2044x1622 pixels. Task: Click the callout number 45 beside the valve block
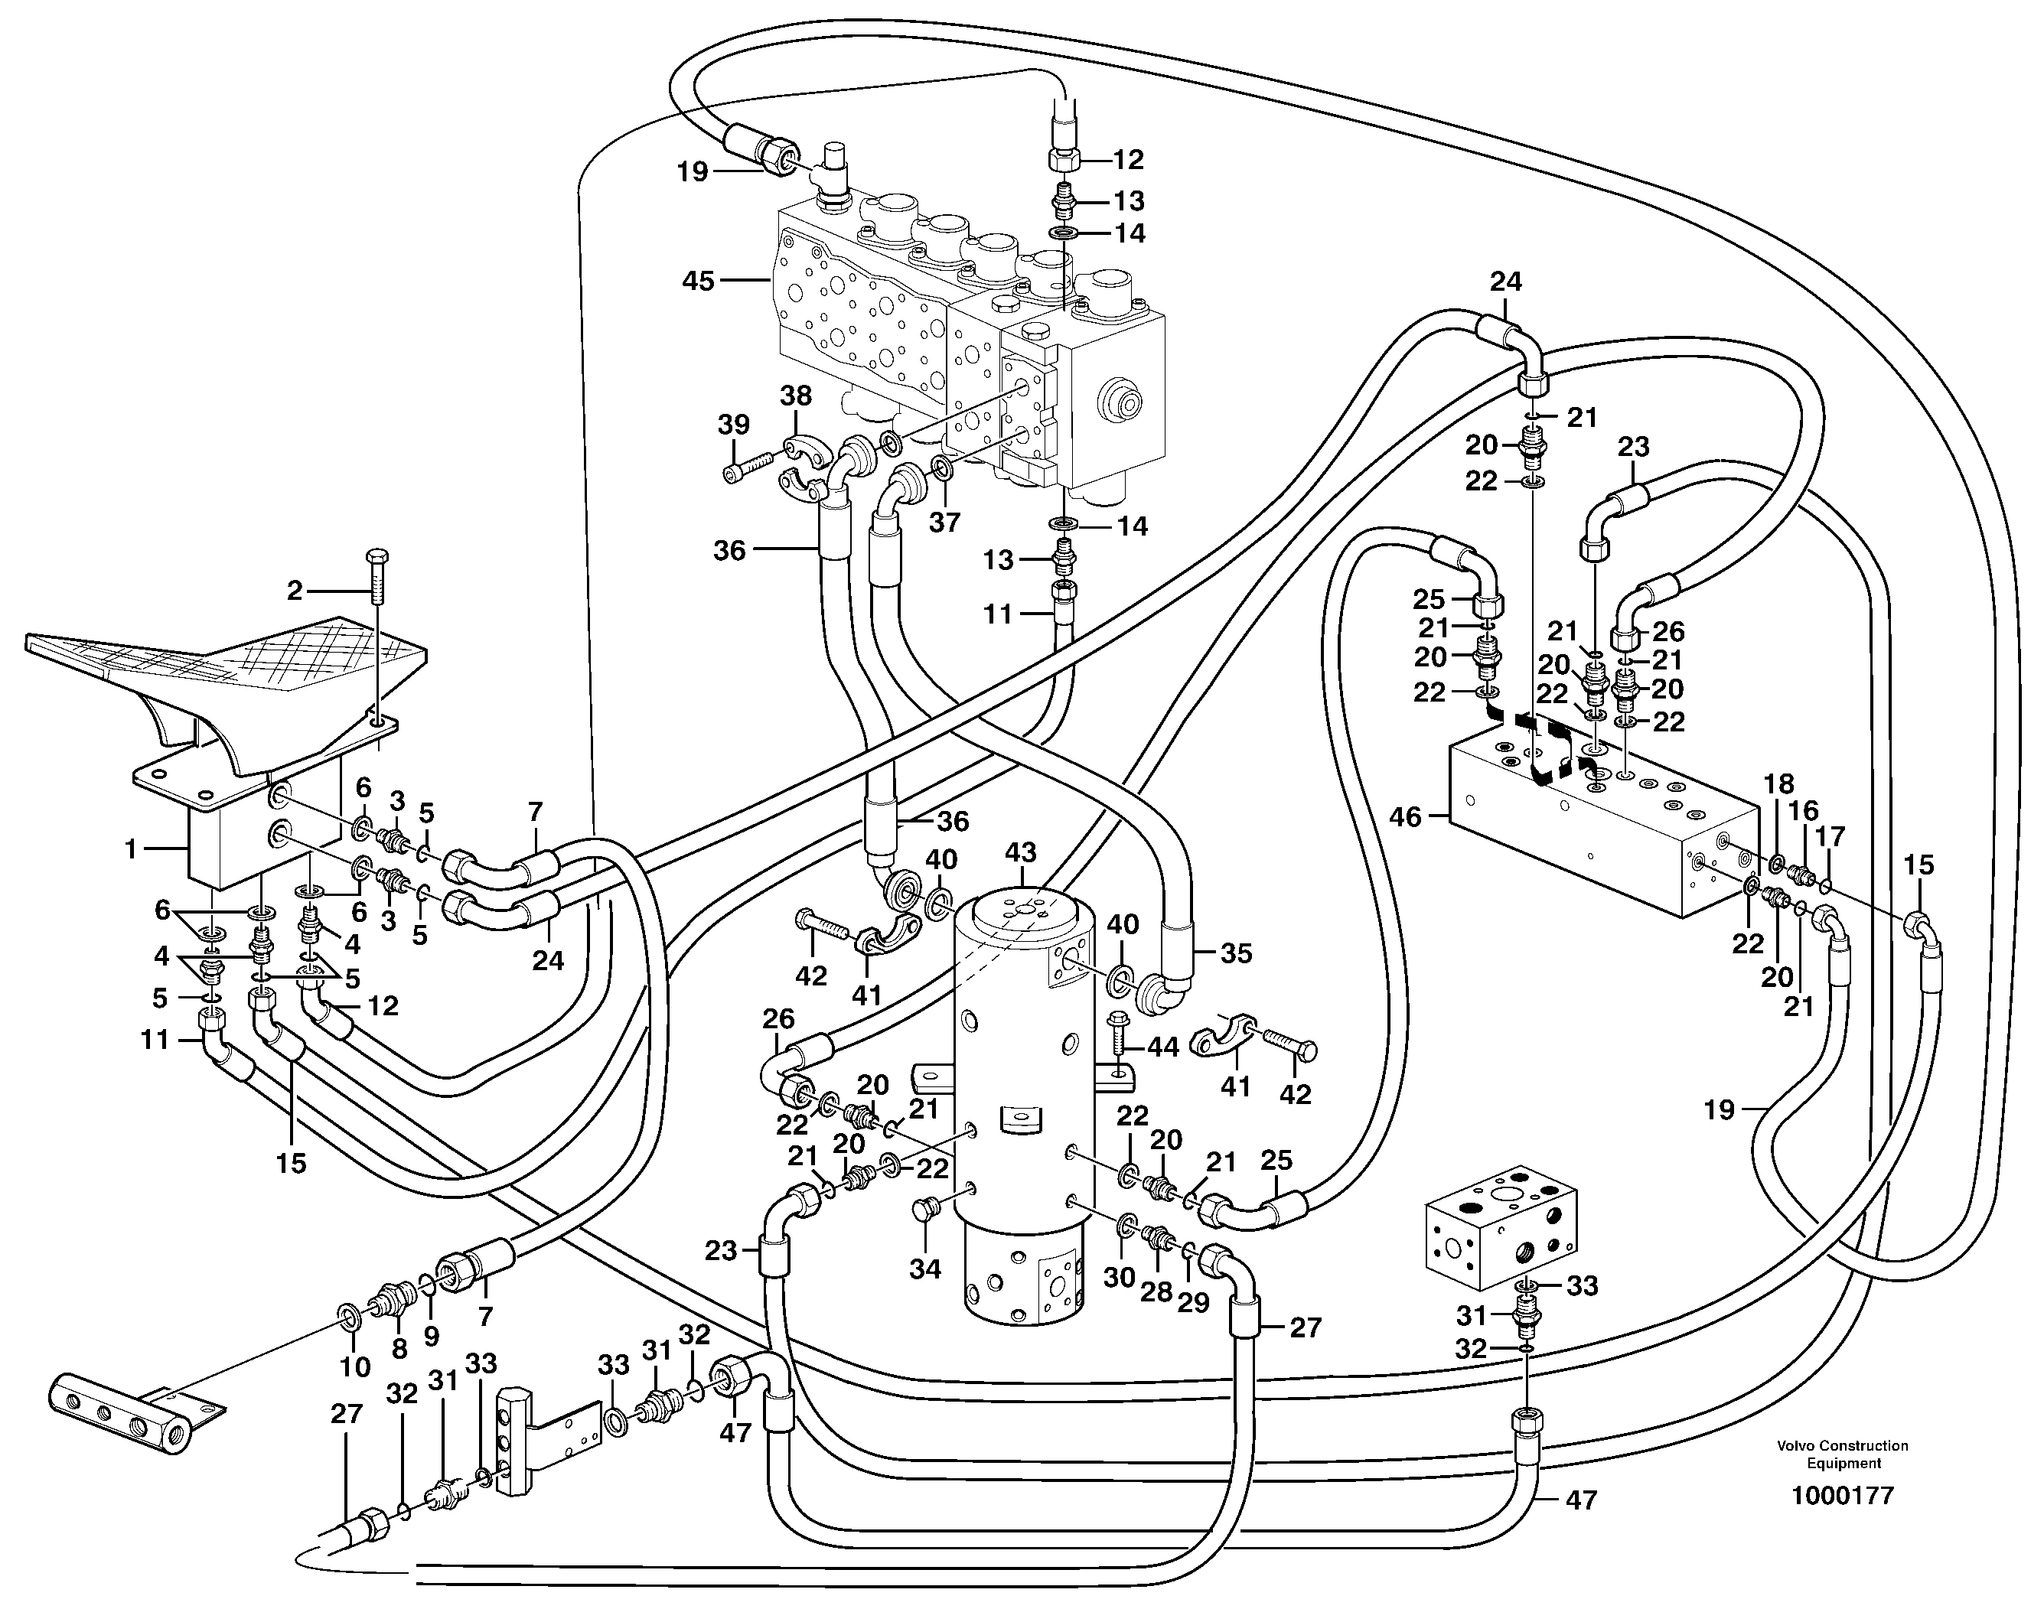[x=698, y=282]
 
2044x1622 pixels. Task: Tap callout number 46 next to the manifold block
[x=1405, y=816]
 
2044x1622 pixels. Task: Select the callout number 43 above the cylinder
[x=1020, y=852]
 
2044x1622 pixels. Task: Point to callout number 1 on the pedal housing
[x=132, y=849]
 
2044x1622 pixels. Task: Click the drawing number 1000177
[x=1841, y=1496]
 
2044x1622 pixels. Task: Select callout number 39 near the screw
[x=733, y=425]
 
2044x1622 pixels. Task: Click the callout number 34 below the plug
[x=925, y=1269]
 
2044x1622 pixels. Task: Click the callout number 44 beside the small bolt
[x=1163, y=1047]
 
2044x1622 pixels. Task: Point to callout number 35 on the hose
[x=1235, y=953]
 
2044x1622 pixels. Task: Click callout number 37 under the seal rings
[x=944, y=523]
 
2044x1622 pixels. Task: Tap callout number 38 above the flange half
[x=797, y=396]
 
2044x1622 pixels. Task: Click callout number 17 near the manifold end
[x=1830, y=837]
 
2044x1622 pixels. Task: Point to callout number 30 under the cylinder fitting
[x=1119, y=1278]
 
